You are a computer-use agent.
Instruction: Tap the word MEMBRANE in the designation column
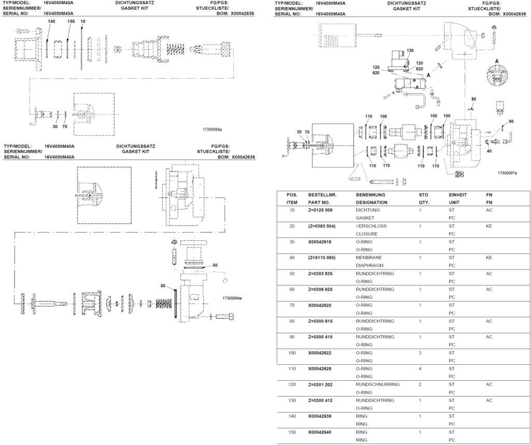369,258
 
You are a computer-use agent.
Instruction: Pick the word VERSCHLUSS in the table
371,226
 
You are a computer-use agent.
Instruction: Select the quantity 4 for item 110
420,369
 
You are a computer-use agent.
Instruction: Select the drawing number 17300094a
232,298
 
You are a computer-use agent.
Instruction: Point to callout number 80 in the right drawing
473,98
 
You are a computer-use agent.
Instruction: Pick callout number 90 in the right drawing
511,121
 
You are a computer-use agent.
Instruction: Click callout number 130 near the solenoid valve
410,51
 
